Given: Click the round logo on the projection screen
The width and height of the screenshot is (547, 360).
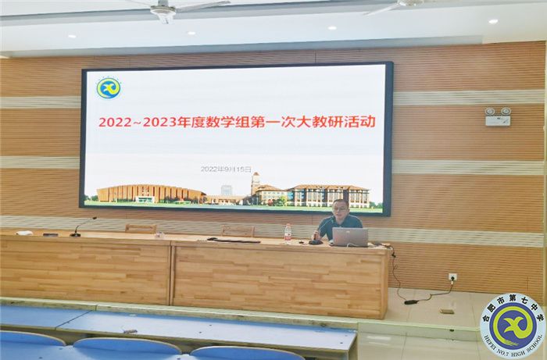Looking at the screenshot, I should [x=109, y=87].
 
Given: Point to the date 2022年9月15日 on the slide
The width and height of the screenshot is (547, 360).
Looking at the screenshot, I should [x=227, y=169].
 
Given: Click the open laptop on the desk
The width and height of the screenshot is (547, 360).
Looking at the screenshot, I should [x=349, y=237].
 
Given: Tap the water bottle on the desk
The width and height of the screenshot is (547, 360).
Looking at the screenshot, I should [x=288, y=233].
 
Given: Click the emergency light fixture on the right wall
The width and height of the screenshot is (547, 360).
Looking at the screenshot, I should [x=498, y=116].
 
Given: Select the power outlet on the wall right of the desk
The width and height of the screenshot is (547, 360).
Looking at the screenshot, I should [x=452, y=276].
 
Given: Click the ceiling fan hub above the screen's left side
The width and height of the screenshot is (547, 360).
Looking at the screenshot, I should [x=163, y=11].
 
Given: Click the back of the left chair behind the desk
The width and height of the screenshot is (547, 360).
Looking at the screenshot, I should [x=141, y=229].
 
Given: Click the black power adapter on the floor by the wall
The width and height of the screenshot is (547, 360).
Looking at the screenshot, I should [x=411, y=301].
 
